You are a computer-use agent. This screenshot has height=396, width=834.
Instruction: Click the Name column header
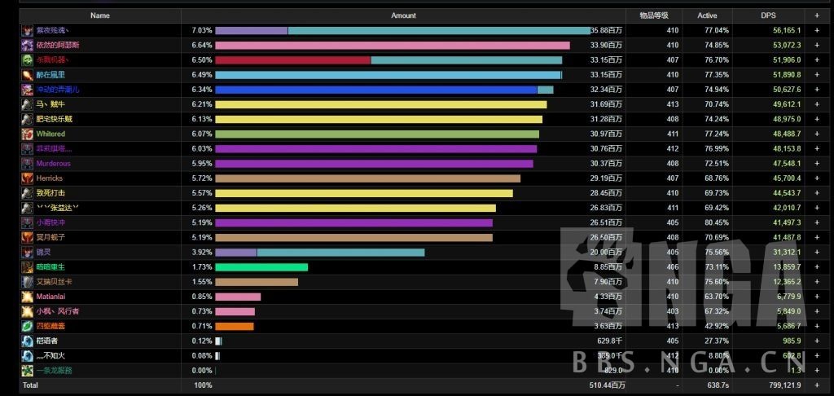(100, 15)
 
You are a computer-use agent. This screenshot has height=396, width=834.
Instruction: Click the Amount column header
(403, 15)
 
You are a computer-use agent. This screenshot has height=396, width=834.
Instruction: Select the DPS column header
(768, 15)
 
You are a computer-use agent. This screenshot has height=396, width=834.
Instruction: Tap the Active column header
(708, 15)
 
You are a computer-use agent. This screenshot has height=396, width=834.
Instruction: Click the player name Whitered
(50, 134)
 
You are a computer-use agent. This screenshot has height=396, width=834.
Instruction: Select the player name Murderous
(55, 163)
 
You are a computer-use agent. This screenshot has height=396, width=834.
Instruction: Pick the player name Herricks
(50, 178)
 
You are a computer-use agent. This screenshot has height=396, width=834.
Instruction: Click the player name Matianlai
(52, 297)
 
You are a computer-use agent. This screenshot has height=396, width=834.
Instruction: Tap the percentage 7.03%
(201, 30)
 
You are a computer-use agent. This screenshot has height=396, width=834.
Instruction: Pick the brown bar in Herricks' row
(367, 178)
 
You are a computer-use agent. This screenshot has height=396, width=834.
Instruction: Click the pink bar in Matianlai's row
(238, 297)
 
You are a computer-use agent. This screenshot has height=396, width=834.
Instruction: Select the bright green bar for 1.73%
(261, 267)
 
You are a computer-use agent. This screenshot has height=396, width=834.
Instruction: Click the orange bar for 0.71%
(235, 326)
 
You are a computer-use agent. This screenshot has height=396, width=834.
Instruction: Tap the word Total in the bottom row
(30, 385)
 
